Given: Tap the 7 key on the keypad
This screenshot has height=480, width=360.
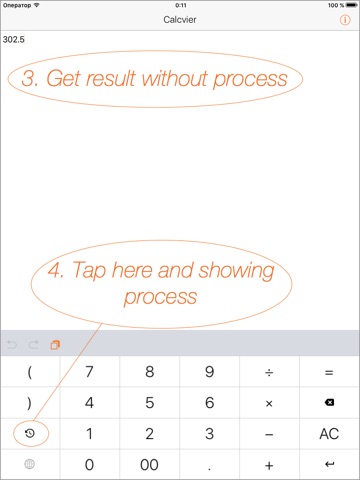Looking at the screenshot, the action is [x=89, y=371].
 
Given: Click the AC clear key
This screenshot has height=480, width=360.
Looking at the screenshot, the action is [x=329, y=434].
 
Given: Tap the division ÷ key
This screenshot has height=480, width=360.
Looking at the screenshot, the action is [x=269, y=371].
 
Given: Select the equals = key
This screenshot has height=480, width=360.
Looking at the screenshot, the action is [x=329, y=371].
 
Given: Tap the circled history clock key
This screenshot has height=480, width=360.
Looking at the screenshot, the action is [x=30, y=433].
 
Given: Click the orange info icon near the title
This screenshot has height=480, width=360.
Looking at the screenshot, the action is [x=345, y=20].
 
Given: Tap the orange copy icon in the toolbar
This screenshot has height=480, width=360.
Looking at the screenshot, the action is [x=55, y=345].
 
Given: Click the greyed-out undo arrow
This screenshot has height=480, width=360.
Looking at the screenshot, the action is [x=12, y=344].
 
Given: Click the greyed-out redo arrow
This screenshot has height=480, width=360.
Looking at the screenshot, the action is [x=33, y=344].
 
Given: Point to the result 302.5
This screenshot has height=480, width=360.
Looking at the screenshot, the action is [x=14, y=39].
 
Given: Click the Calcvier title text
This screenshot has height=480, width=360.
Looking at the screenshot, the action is [x=180, y=20].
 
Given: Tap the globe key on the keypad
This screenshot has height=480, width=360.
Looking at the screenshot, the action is [x=30, y=464].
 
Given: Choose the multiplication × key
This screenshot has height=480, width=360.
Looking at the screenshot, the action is [x=269, y=403].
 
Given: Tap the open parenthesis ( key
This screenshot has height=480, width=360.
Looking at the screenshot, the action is [x=30, y=371].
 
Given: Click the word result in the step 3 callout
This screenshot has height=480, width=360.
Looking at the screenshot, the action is [x=111, y=79].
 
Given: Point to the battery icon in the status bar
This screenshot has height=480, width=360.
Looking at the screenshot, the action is [x=351, y=5].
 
